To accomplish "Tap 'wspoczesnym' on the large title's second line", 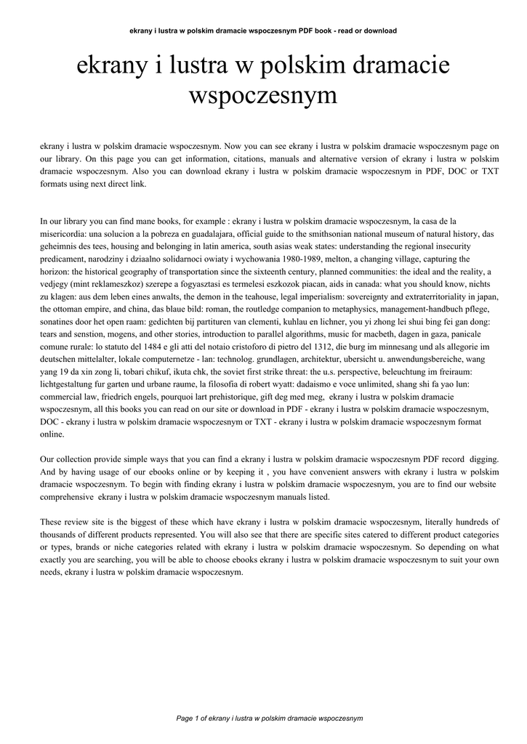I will coord(263,95).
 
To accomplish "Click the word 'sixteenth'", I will coord(293,272).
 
